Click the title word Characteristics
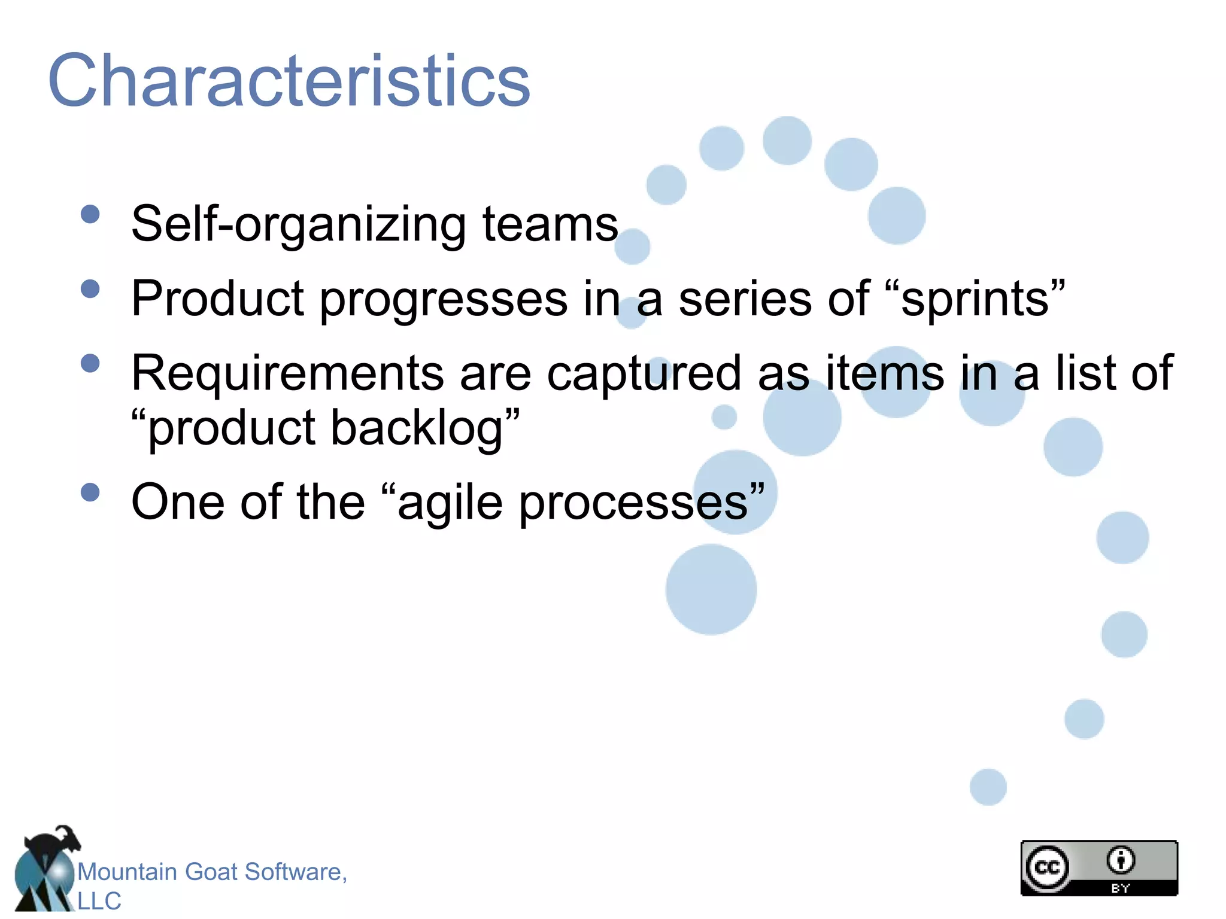[x=289, y=81]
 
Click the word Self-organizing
[x=298, y=225]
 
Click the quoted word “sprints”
[x=975, y=299]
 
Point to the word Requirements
[x=287, y=373]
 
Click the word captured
[x=644, y=373]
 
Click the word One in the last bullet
[x=178, y=503]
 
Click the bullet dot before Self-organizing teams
[x=90, y=214]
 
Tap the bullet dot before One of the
[x=90, y=492]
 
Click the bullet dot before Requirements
[x=90, y=363]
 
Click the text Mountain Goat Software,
[x=212, y=872]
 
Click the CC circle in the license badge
[x=1047, y=867]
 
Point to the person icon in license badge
[x=1121, y=860]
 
